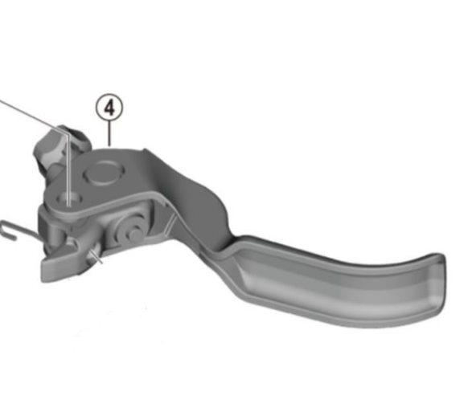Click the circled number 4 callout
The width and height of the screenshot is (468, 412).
109,106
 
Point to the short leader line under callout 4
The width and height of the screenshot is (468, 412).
109,132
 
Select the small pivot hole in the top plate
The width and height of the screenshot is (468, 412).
69,195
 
